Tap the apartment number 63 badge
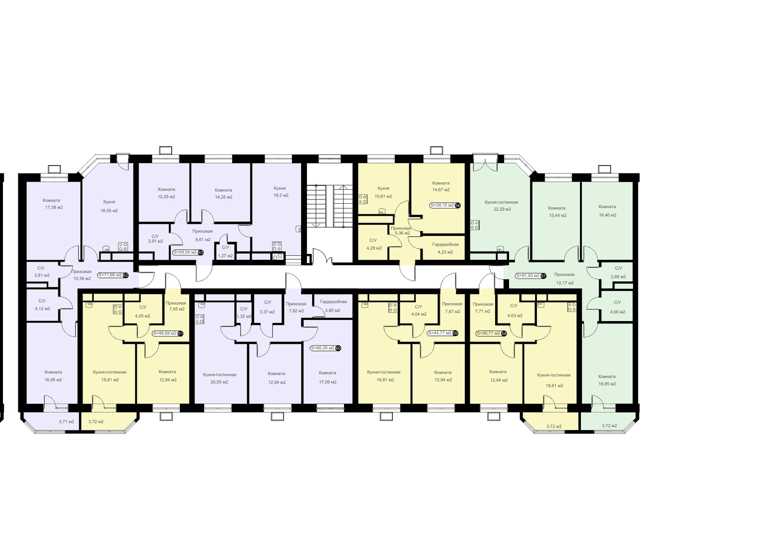click(x=201, y=252)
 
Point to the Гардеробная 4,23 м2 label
click(x=445, y=248)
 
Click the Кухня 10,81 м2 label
click(x=383, y=192)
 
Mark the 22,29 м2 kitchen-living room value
click(x=502, y=209)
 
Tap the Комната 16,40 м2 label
click(x=607, y=211)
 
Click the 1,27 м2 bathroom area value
click(x=225, y=256)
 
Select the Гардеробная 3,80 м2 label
click(x=333, y=306)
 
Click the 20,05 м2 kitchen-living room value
click(x=219, y=382)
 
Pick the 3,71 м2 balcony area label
click(x=66, y=421)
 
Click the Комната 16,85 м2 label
click(x=607, y=380)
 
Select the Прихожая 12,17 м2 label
click(x=565, y=279)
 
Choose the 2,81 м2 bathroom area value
click(x=41, y=275)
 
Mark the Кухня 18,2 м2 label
click(x=280, y=192)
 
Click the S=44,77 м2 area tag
click(x=440, y=333)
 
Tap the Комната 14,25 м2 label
click(x=223, y=194)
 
